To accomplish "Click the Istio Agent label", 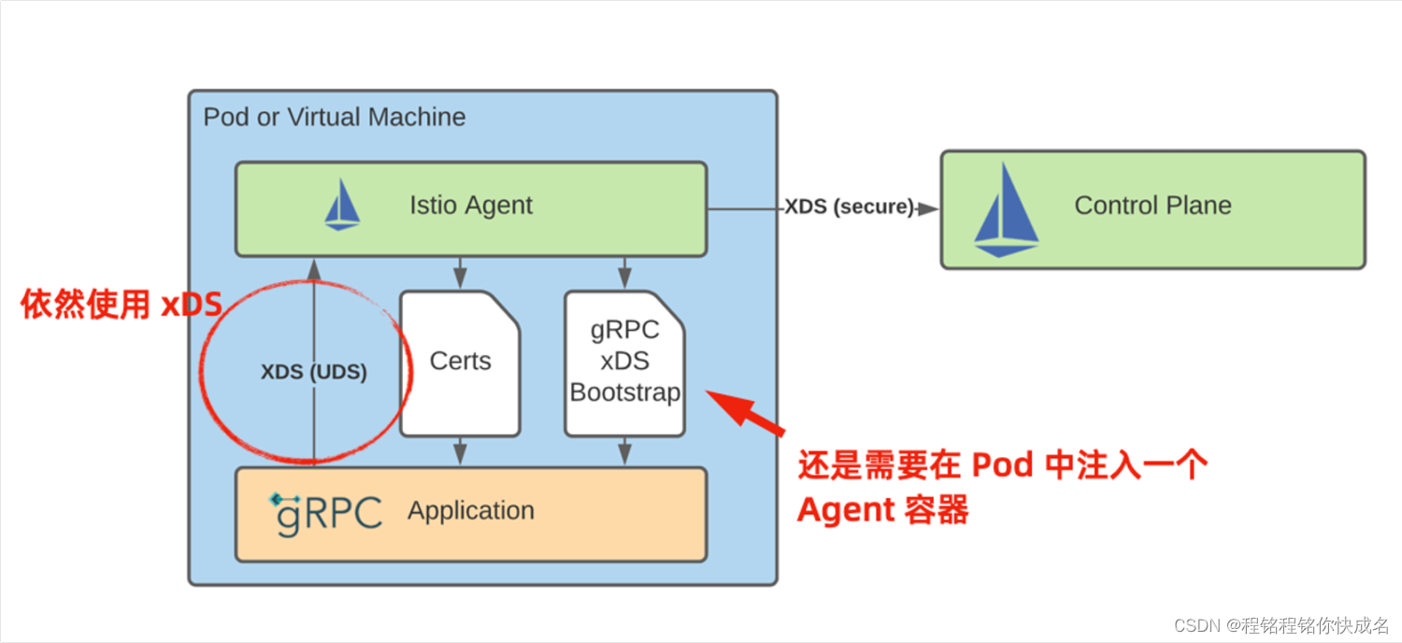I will pyautogui.click(x=470, y=206).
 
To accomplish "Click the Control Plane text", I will pyautogui.click(x=1152, y=206).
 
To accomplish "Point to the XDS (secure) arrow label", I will pyautogui.click(x=848, y=207).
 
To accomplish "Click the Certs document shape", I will pyautogui.click(x=460, y=363).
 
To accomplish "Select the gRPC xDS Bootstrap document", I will pyautogui.click(x=624, y=363).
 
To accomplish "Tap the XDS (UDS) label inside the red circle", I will pyautogui.click(x=313, y=372).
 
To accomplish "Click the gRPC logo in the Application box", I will pyautogui.click(x=326, y=512).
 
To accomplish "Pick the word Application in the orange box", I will pyautogui.click(x=471, y=511).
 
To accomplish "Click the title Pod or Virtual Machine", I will pyautogui.click(x=335, y=118).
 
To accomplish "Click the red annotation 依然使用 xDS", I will pyautogui.click(x=121, y=306).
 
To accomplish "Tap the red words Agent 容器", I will pyautogui.click(x=882, y=509).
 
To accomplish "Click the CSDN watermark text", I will pyautogui.click(x=1281, y=624).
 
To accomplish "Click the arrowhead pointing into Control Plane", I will pyautogui.click(x=927, y=208).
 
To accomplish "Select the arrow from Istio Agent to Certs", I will pyautogui.click(x=460, y=272).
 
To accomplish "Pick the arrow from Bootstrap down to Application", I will pyautogui.click(x=624, y=450).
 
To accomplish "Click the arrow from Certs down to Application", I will pyautogui.click(x=460, y=450).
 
